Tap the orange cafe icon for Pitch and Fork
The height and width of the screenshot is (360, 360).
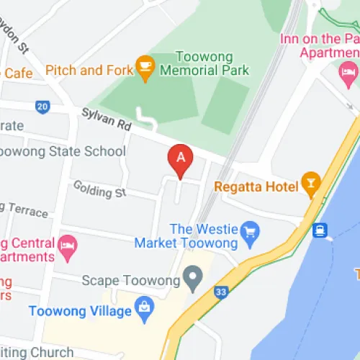click(x=145, y=66)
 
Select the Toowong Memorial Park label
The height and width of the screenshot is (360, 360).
click(x=204, y=63)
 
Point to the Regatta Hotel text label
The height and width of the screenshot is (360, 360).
click(x=256, y=187)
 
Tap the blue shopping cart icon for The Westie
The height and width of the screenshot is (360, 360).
click(x=251, y=231)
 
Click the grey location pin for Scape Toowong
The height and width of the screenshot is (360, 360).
click(x=192, y=275)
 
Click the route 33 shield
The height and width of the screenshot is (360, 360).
click(x=221, y=292)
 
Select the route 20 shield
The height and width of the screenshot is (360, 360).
click(x=42, y=107)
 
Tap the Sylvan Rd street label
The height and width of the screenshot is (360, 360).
click(x=106, y=119)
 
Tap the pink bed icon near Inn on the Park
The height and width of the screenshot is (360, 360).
click(x=349, y=70)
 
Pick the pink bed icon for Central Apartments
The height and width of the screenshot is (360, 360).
click(x=67, y=243)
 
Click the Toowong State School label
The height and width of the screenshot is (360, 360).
click(x=62, y=152)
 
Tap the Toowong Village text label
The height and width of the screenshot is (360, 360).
click(x=80, y=311)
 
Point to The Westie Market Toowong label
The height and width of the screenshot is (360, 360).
click(x=194, y=236)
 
